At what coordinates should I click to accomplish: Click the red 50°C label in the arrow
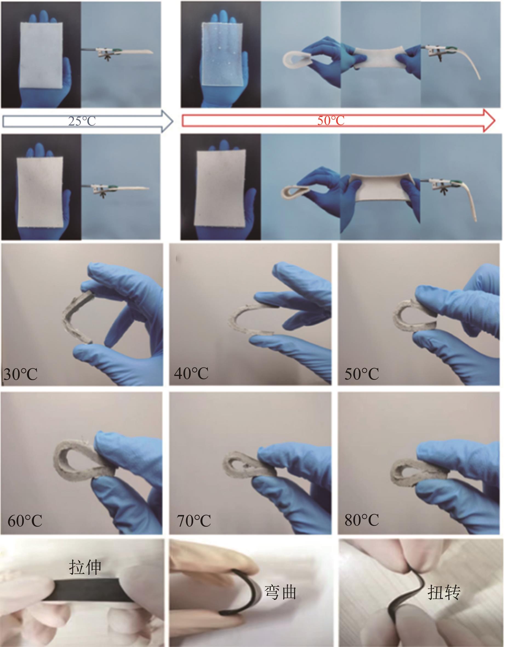[x=331, y=121]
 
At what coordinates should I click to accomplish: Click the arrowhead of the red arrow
[x=489, y=121]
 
